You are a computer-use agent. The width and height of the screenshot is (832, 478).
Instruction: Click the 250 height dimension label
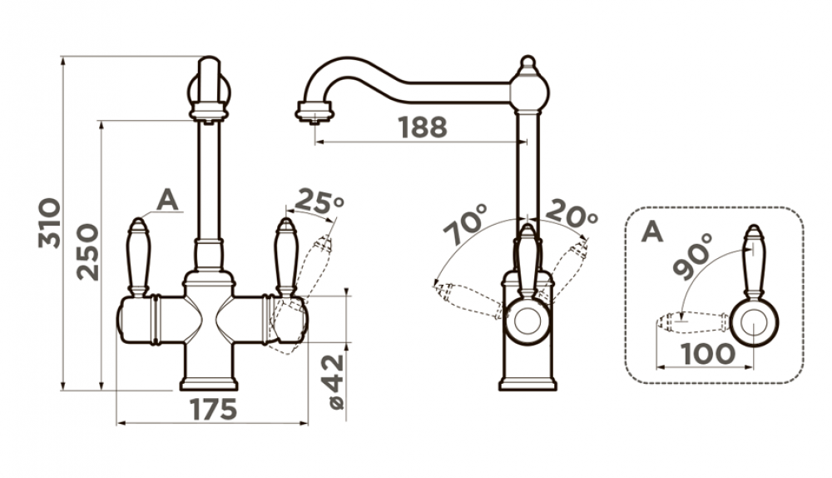[87, 252]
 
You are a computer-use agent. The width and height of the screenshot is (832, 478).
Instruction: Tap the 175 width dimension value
[213, 409]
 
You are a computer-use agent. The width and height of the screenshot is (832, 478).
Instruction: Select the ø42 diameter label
[336, 382]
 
